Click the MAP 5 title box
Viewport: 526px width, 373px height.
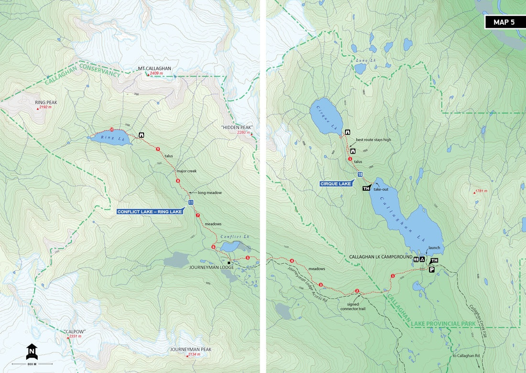tap(505, 22)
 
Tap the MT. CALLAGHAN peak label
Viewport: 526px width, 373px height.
tap(154, 68)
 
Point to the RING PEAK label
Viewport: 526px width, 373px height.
tap(45, 102)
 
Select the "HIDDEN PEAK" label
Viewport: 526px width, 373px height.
tap(236, 127)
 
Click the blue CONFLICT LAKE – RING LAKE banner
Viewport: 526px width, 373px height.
tap(150, 211)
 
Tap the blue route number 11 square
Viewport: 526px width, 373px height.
tap(191, 203)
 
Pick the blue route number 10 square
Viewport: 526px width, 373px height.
tap(360, 174)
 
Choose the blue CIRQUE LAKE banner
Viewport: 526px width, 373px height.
tap(336, 184)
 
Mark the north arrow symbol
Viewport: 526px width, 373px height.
tap(32, 351)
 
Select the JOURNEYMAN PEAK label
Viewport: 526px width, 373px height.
tap(190, 350)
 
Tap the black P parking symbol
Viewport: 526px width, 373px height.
tap(431, 269)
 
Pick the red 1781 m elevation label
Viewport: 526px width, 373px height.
tap(481, 191)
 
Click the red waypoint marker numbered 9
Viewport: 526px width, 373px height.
tap(157, 149)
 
